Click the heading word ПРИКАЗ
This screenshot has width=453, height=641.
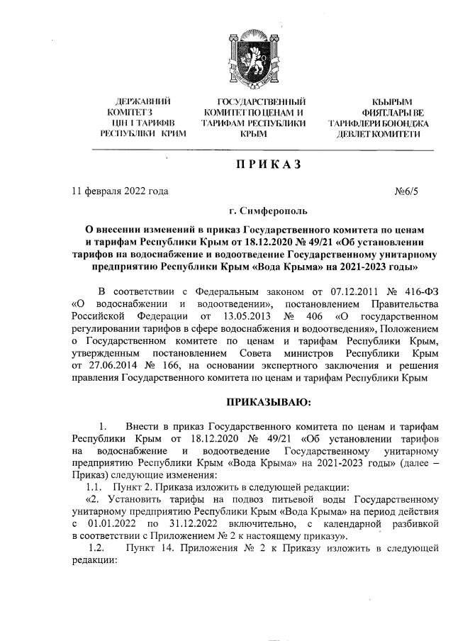click(x=263, y=165)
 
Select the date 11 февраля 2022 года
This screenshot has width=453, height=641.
click(x=121, y=191)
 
